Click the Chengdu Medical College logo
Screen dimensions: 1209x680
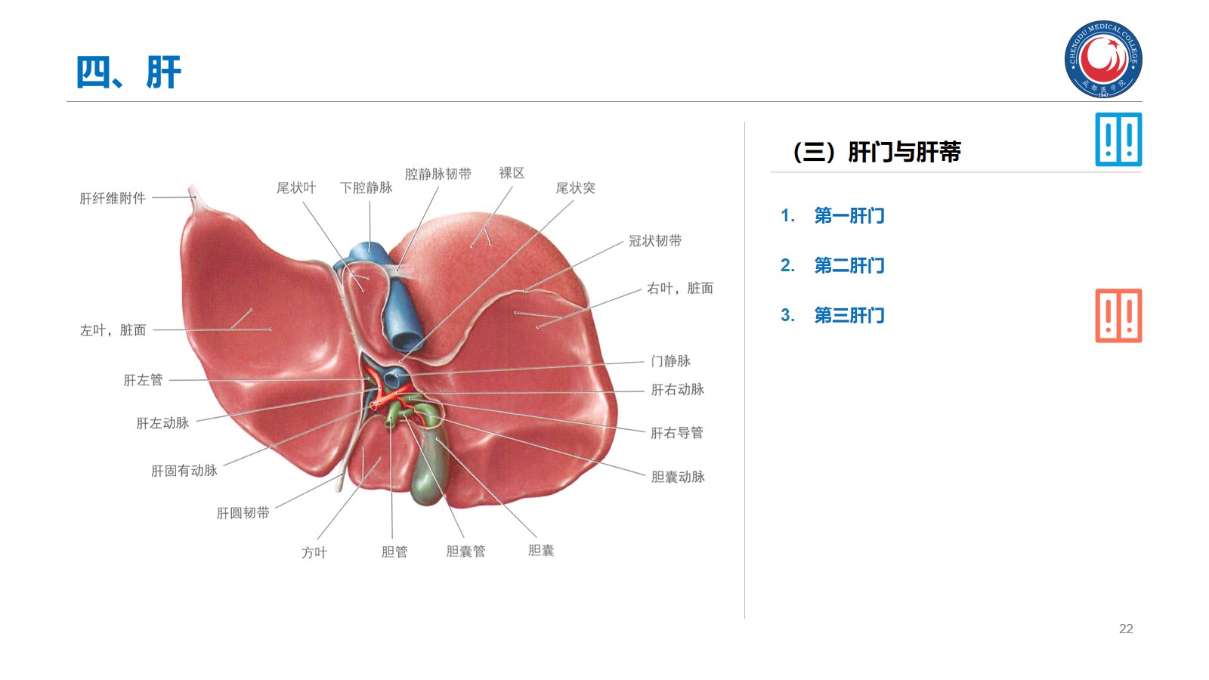point(1103,59)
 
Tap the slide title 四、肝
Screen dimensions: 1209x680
point(128,73)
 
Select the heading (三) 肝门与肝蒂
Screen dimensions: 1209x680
point(877,152)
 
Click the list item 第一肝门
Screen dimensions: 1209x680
point(849,216)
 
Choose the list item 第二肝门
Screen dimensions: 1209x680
point(849,266)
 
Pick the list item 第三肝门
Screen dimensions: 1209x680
point(849,316)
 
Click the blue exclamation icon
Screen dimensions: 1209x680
point(1118,140)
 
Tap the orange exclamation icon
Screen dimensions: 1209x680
point(1118,316)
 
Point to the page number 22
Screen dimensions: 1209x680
point(1126,629)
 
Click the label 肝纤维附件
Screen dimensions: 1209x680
point(113,199)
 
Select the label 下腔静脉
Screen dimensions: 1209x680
point(366,188)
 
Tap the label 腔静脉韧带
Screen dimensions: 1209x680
point(438,175)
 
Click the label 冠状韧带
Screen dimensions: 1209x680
point(655,241)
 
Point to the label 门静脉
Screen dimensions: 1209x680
point(670,361)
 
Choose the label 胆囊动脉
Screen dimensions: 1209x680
point(678,477)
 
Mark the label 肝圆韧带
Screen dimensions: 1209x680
point(243,513)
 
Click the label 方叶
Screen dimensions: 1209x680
point(314,553)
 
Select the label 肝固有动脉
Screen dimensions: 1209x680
point(184,471)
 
